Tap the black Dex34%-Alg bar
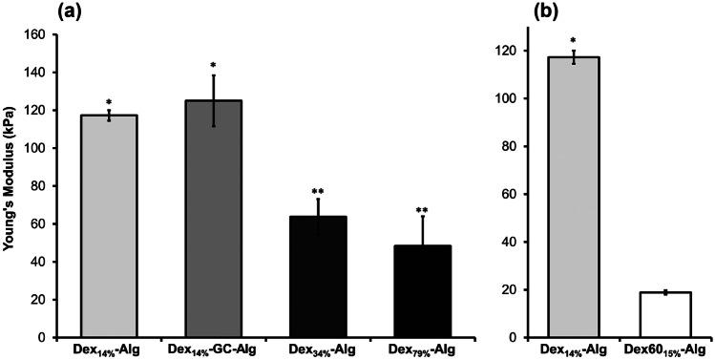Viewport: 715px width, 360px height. (x=319, y=277)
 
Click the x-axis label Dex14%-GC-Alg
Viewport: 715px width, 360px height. (x=215, y=350)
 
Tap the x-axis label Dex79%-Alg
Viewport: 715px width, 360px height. (x=423, y=350)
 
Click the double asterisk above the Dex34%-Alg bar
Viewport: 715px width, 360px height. (x=319, y=192)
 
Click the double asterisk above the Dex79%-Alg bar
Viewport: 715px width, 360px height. (x=423, y=209)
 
